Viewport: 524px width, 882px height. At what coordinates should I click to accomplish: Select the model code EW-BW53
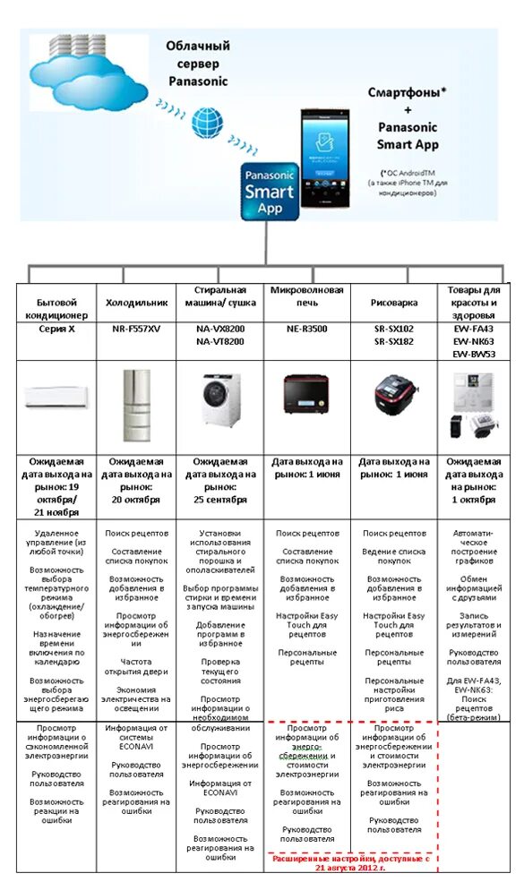474,353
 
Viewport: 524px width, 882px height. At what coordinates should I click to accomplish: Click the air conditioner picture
56,398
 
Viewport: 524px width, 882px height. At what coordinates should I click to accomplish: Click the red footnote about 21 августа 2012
351,862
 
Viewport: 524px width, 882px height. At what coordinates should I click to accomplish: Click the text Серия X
56,330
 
